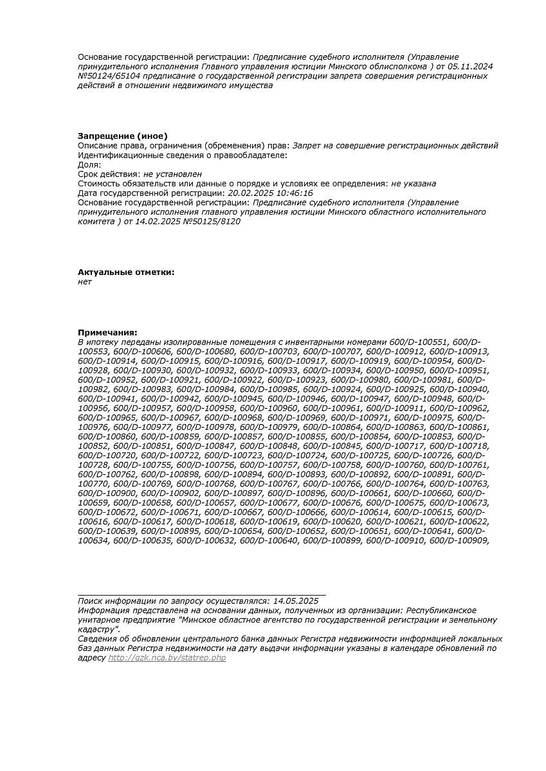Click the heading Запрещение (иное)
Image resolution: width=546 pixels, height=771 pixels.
point(122,136)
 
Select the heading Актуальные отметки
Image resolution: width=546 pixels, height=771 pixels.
point(126,272)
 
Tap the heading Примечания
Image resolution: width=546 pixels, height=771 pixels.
point(107,332)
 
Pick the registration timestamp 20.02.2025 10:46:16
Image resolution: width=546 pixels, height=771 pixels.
point(270,193)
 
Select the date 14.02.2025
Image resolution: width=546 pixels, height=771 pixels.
point(158,222)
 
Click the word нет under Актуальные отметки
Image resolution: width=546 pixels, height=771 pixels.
point(85,281)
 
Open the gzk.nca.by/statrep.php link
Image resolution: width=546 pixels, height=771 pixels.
point(167,658)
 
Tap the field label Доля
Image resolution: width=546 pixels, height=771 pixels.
point(89,164)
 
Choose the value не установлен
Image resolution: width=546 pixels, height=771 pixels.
point(172,174)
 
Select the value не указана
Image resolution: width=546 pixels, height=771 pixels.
point(414,184)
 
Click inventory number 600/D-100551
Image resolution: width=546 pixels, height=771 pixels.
point(419,342)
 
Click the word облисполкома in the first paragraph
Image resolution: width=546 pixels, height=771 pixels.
point(397,66)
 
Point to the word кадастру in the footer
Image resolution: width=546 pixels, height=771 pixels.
point(98,629)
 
